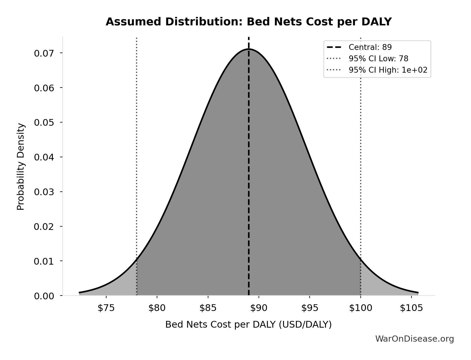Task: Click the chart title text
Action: click(x=248, y=22)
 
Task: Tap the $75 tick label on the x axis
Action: click(x=106, y=308)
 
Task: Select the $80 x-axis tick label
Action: click(x=157, y=308)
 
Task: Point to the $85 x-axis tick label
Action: click(x=208, y=308)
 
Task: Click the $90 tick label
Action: click(x=259, y=308)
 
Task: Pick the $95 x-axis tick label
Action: click(x=310, y=308)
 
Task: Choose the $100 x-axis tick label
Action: click(x=361, y=308)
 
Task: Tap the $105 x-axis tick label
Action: click(x=411, y=308)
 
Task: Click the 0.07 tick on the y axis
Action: click(x=44, y=53)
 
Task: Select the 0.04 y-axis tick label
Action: click(x=44, y=157)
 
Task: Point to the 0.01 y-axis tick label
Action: click(x=44, y=261)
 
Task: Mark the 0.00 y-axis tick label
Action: click(x=44, y=296)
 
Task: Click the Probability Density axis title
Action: click(x=21, y=167)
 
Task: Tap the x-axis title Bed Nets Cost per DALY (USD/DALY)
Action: click(x=248, y=325)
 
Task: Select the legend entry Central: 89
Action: click(x=370, y=47)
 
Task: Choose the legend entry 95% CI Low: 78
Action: click(x=378, y=59)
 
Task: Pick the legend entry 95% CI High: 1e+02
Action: click(x=388, y=70)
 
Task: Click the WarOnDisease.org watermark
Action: click(x=414, y=339)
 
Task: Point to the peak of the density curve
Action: click(x=249, y=49)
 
